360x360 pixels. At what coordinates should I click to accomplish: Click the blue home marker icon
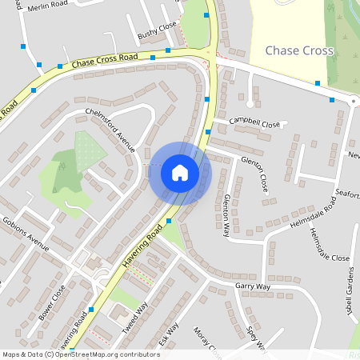(x=180, y=172)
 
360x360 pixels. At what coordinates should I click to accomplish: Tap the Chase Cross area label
(x=299, y=51)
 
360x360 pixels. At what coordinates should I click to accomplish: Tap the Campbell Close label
(x=255, y=123)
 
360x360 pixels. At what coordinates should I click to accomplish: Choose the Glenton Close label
(x=254, y=174)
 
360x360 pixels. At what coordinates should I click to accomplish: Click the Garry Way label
(x=253, y=286)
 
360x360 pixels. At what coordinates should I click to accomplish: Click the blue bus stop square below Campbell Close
(x=208, y=131)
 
